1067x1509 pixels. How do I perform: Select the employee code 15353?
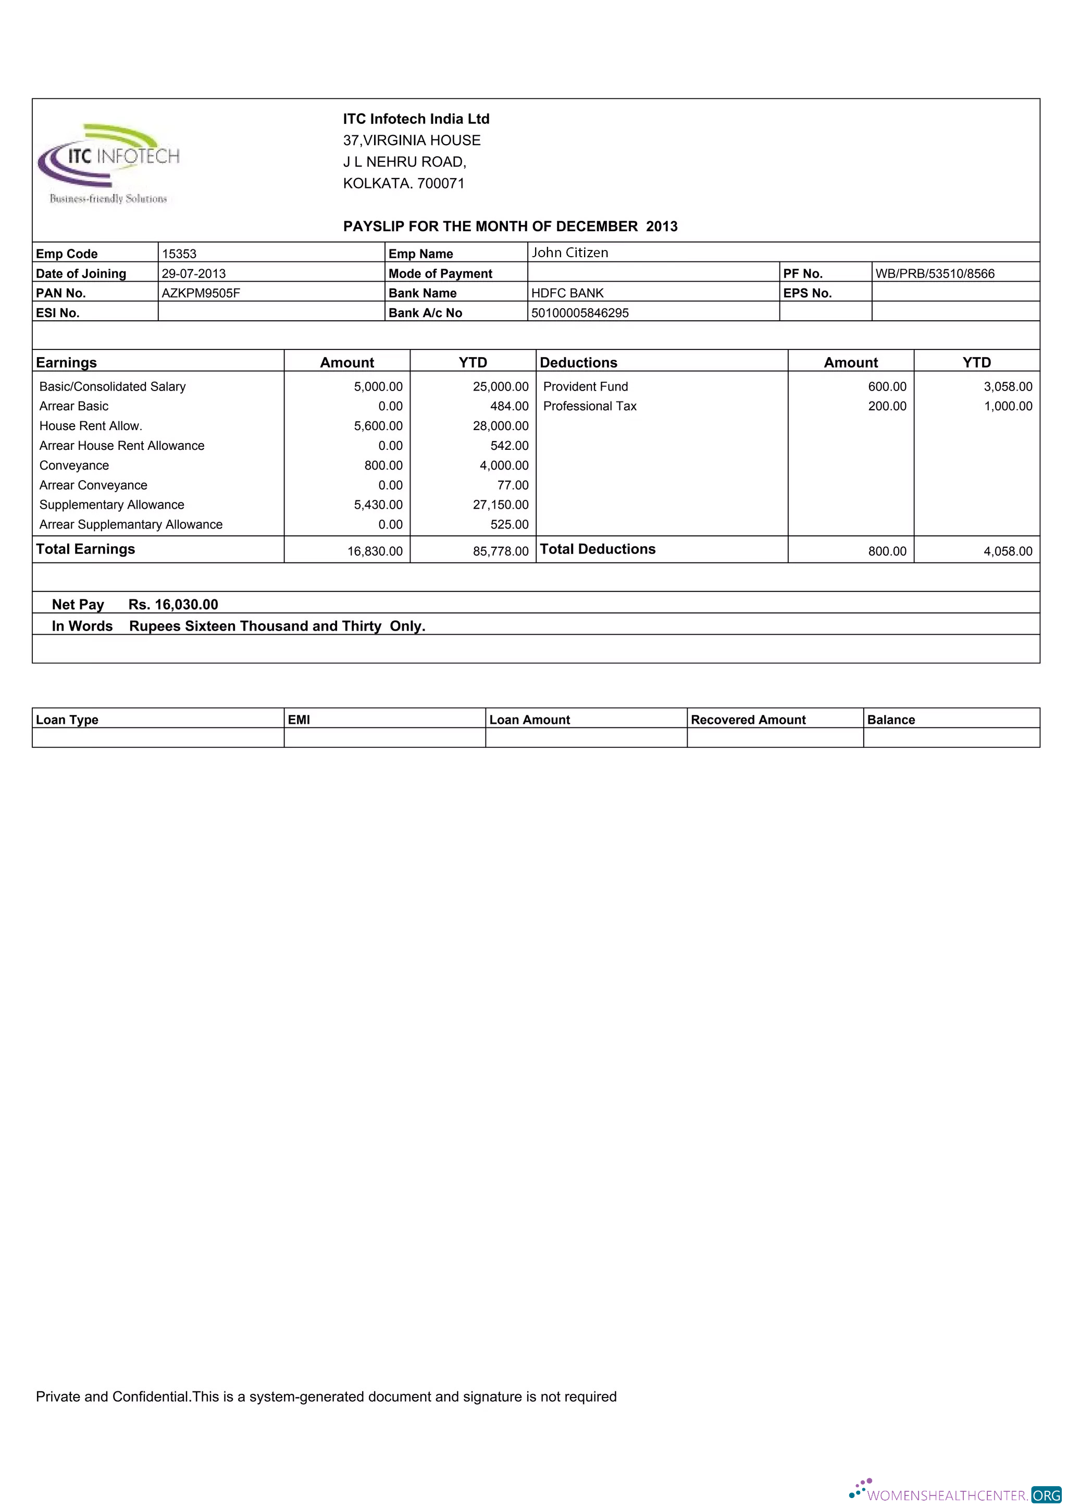coord(179,254)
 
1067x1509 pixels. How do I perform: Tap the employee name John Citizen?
coord(569,253)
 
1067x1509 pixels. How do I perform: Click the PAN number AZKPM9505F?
coord(201,293)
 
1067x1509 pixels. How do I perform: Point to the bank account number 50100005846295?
coord(579,313)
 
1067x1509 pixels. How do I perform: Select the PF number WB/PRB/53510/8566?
coord(934,273)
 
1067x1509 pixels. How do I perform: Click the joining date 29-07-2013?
coord(193,273)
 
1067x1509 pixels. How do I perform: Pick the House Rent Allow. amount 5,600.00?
coord(378,426)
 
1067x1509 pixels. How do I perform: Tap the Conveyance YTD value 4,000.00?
coord(504,466)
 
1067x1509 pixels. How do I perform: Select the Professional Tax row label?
coord(590,406)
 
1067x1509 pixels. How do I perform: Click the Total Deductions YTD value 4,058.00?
coord(1007,551)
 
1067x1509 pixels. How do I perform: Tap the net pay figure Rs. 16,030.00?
coord(173,604)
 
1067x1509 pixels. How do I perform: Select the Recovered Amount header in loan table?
coord(748,720)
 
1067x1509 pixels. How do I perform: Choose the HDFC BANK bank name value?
coord(567,293)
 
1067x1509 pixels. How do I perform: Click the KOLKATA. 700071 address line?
coord(404,183)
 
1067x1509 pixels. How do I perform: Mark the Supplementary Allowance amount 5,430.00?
coord(378,505)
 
